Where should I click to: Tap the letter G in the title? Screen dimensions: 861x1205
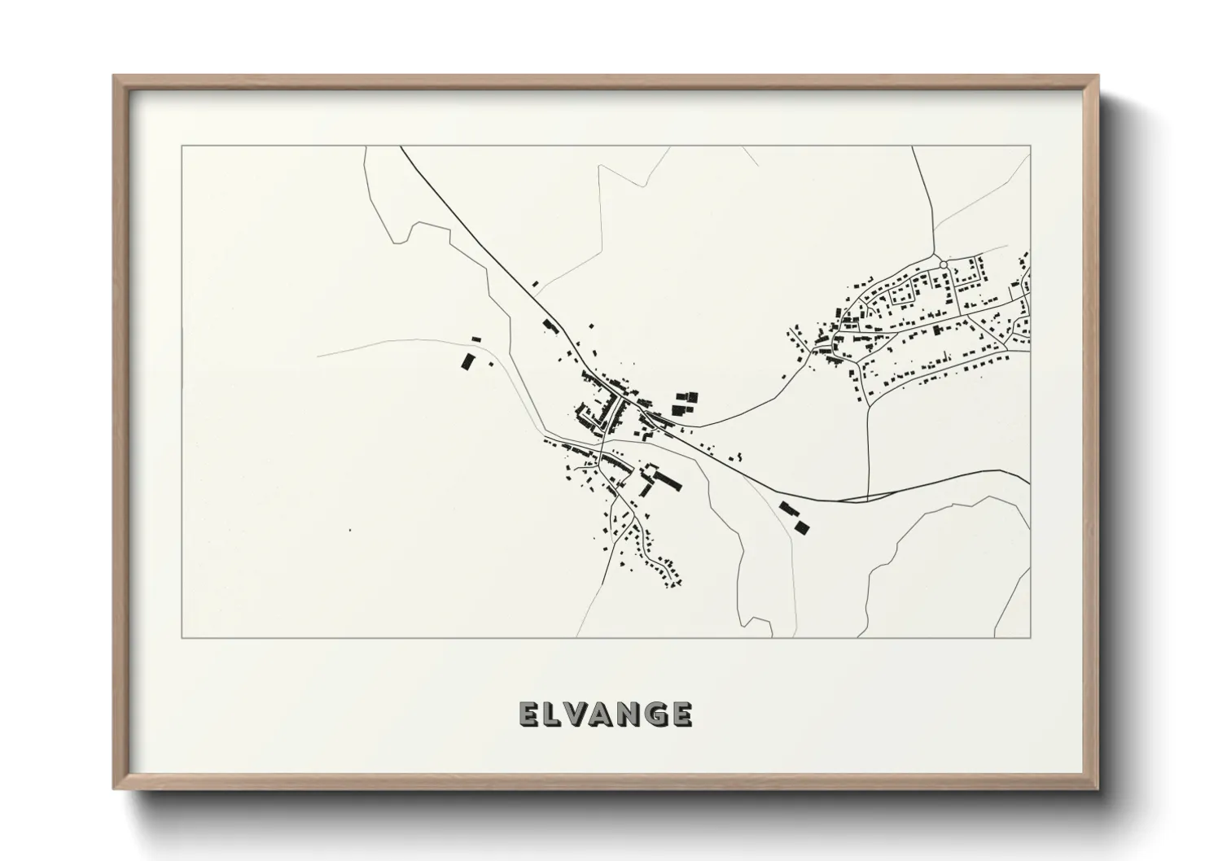tap(651, 714)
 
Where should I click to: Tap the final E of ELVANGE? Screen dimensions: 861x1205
tap(681, 714)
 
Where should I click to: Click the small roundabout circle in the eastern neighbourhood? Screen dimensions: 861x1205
tap(943, 264)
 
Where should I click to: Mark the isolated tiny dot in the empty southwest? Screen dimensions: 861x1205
tap(350, 531)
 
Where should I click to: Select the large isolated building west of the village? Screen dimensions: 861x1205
tap(467, 361)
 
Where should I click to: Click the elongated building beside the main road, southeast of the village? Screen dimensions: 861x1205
tap(787, 509)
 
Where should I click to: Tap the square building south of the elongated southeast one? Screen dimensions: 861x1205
tap(803, 527)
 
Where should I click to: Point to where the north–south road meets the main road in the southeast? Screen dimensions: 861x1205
tap(869, 496)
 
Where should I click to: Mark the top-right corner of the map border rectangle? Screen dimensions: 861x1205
tap(1030, 146)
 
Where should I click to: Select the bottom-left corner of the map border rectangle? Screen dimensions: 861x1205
tap(182, 637)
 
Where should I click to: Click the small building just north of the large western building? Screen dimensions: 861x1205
tap(476, 339)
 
